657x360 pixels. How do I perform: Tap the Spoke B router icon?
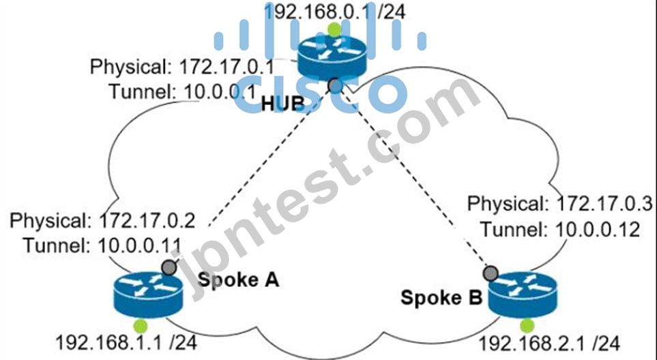pos(523,295)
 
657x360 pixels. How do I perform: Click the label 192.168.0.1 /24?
pos(335,12)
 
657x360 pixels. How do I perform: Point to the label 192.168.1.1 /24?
pos(126,343)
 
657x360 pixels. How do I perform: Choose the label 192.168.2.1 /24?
pos(549,344)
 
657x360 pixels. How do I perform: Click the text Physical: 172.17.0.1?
pos(183,67)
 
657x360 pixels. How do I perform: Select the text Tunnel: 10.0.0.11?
pos(102,245)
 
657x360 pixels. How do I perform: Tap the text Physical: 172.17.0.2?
pos(102,221)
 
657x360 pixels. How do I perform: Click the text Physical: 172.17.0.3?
pos(560,204)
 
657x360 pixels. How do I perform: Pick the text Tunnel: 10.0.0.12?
pos(560,229)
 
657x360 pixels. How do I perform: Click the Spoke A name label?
pos(238,280)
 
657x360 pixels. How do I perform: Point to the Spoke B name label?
pos(441,297)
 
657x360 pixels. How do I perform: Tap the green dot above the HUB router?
pos(334,29)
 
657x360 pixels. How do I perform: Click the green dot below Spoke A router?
pos(141,326)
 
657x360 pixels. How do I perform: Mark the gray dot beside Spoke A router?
pos(169,267)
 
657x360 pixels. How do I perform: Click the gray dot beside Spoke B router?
pos(491,273)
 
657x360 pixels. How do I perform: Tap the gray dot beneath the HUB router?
pos(335,85)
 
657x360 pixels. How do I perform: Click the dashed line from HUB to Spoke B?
pos(413,179)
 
